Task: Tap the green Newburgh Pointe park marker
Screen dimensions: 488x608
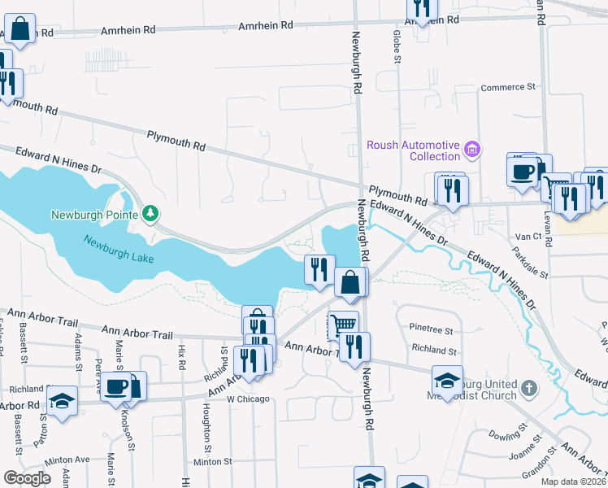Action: pos(150,214)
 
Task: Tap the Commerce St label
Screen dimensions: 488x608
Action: pos(510,86)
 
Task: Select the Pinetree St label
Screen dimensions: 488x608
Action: pos(432,330)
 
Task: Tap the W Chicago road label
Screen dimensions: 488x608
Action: pos(247,399)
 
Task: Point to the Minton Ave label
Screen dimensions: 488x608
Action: pos(67,460)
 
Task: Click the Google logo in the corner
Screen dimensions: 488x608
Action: pos(28,478)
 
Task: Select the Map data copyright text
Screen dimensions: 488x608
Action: pos(574,481)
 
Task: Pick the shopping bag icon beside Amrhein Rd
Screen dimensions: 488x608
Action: pos(20,29)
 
